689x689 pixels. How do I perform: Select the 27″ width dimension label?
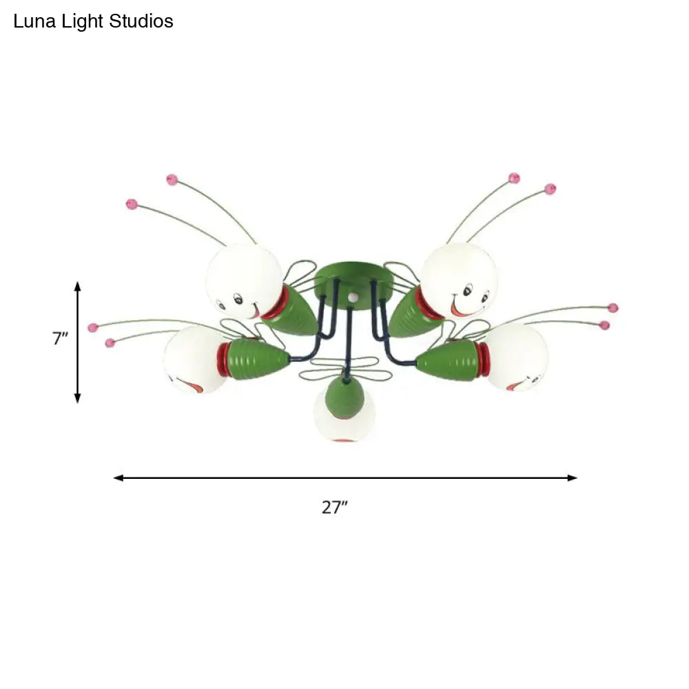coord(334,508)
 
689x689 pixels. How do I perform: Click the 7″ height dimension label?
coord(61,338)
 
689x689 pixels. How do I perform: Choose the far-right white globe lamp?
coord(517,357)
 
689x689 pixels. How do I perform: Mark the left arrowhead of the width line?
coord(118,477)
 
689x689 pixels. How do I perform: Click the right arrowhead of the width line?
coord(573,477)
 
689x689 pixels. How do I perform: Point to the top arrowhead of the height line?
coord(78,285)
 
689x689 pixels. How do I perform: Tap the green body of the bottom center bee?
coord(344,397)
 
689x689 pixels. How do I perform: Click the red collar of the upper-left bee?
coord(276,304)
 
